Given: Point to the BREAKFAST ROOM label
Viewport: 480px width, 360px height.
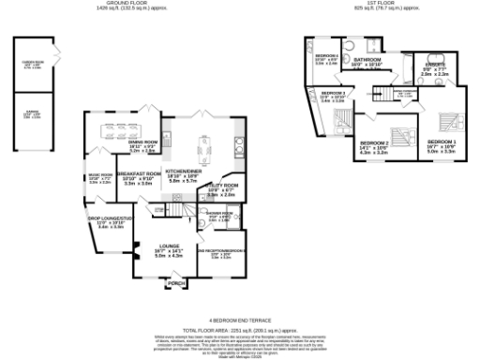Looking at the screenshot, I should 138,174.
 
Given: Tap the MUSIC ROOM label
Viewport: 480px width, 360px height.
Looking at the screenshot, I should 100,175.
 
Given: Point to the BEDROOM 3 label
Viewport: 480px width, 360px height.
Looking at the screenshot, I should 333,95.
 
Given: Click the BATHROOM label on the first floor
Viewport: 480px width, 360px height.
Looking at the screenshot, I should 366,60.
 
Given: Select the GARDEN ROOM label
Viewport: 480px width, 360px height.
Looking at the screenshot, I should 34,65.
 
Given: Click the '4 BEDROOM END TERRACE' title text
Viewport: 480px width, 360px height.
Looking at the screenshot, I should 240,320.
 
